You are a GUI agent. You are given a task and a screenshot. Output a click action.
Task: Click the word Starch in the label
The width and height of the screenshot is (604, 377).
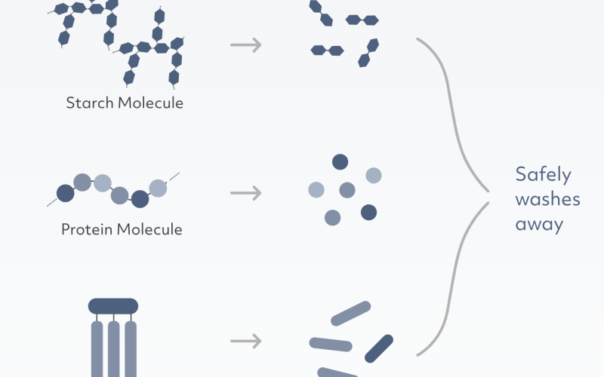point(90,103)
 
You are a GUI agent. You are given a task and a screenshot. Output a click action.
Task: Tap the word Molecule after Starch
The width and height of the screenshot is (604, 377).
point(150,103)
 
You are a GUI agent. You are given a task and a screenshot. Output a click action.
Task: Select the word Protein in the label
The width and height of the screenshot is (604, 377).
point(87,230)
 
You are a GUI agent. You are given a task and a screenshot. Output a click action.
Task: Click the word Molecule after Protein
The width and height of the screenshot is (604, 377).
point(149,230)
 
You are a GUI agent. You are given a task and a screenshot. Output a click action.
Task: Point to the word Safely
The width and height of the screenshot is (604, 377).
point(543,175)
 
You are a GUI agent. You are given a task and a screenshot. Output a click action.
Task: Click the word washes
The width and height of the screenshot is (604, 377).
point(548,200)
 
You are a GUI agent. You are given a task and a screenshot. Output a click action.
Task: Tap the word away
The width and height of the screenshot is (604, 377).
point(539,225)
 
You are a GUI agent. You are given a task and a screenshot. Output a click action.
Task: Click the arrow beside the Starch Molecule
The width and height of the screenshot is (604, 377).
point(246,45)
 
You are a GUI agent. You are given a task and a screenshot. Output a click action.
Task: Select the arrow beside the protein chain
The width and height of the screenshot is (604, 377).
point(246,193)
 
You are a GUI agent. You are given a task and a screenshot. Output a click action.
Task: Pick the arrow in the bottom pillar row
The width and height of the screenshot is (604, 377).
point(246,342)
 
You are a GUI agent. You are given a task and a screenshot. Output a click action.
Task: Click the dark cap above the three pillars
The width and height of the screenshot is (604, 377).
point(113,306)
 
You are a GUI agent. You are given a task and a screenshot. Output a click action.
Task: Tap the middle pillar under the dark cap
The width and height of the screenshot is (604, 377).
point(114,349)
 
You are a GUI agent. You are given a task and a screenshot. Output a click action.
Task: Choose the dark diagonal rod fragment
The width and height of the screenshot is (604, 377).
point(379,348)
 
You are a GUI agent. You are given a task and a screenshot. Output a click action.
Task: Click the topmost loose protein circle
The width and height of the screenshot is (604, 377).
point(341,162)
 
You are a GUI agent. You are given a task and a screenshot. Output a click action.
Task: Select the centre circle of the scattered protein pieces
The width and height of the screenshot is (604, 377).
point(347,190)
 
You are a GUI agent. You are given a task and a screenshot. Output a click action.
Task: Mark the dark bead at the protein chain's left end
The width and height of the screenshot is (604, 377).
point(66,193)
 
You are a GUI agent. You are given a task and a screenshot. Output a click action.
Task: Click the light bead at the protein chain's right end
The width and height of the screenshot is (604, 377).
point(158,188)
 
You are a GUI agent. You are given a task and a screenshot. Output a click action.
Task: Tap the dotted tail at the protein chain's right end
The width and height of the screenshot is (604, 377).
point(173,177)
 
